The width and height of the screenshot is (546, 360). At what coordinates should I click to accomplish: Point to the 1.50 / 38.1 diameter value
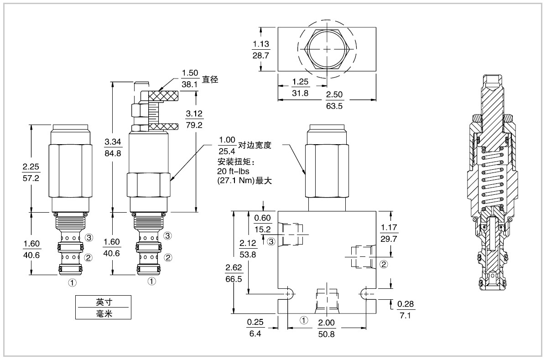click(189, 78)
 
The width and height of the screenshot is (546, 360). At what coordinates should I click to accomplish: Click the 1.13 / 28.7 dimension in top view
click(261, 49)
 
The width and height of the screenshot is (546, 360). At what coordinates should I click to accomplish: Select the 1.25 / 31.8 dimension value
click(301, 88)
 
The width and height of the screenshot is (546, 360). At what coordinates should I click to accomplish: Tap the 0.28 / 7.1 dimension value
click(406, 309)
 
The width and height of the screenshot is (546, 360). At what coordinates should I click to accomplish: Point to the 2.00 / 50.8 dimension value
click(326, 328)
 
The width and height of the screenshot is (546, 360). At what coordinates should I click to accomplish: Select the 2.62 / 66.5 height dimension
click(234, 273)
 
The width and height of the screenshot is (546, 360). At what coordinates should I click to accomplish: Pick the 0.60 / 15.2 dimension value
click(262, 224)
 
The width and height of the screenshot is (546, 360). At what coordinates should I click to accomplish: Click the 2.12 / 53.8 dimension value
click(248, 249)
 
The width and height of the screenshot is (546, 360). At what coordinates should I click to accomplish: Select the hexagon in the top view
click(327, 49)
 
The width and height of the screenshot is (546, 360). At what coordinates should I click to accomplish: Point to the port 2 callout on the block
click(384, 264)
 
